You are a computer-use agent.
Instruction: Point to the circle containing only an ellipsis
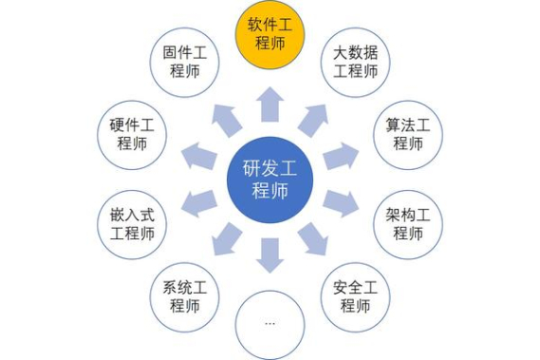pos(270,322)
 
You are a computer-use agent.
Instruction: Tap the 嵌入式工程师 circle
pos(133,219)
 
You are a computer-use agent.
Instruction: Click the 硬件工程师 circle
pos(133,133)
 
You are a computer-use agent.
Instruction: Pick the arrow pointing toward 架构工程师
pos(341,201)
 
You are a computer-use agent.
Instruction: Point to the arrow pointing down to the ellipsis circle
pos(270,254)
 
